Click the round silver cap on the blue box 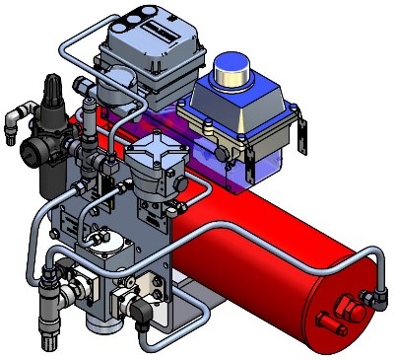click(x=236, y=68)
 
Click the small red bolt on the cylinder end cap click(x=325, y=319)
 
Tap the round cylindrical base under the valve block click(x=99, y=321)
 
